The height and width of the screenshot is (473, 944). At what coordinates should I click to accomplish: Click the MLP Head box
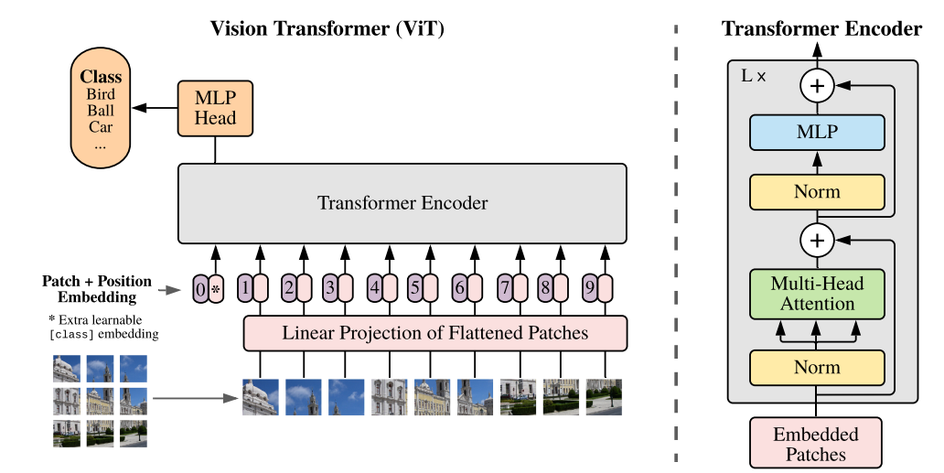point(215,109)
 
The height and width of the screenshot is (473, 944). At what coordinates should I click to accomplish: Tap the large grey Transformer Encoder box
point(402,203)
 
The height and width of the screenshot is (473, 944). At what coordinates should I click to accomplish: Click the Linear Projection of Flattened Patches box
point(435,333)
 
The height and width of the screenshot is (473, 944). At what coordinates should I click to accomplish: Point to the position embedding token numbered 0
point(200,289)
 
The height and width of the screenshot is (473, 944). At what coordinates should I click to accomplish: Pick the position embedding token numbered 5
point(416,289)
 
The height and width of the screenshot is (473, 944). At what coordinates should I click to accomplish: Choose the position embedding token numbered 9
point(589,289)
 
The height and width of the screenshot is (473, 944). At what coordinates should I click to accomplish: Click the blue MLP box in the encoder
point(817,133)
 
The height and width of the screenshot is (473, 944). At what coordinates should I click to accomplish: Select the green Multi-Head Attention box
point(817,293)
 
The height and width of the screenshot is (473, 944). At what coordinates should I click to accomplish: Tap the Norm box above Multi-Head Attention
point(817,192)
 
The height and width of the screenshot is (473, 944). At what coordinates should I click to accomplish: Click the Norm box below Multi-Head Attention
point(817,368)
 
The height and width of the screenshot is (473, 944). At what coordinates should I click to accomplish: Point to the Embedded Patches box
point(817,443)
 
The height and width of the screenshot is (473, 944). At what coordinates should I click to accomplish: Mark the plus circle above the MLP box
point(817,87)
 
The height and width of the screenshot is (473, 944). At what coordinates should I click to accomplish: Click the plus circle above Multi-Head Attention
point(817,241)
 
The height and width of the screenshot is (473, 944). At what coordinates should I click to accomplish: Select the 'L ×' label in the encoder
point(753,76)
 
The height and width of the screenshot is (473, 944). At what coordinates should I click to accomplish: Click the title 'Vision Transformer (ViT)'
point(327,28)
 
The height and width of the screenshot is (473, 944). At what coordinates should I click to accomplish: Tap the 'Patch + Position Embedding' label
point(97,289)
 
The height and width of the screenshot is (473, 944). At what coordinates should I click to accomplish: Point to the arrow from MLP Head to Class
point(154,109)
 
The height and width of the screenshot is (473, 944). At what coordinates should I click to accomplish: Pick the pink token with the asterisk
point(216,289)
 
